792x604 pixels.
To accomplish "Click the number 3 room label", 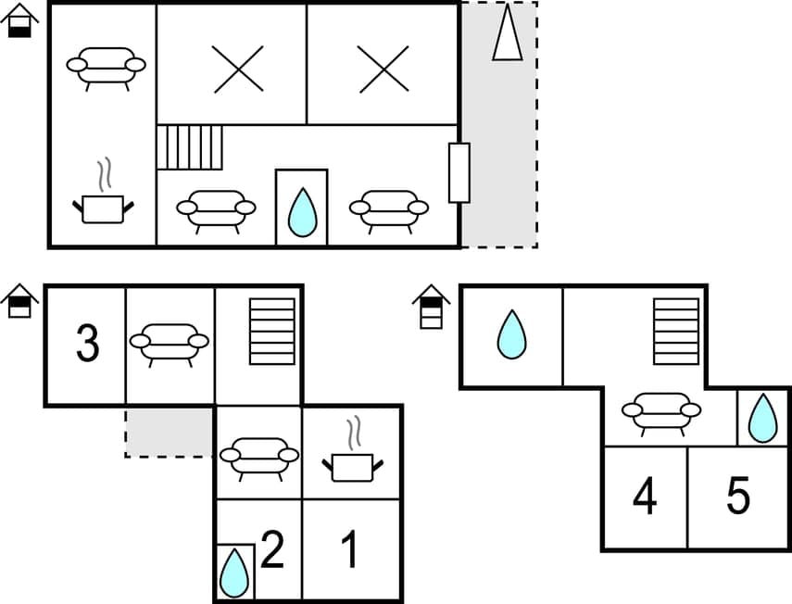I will [x=87, y=344].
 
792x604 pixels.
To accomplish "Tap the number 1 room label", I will [x=349, y=551].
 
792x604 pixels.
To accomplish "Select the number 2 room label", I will [x=271, y=551].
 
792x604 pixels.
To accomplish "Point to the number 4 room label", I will [x=645, y=497].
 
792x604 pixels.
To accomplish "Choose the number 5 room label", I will [x=737, y=497].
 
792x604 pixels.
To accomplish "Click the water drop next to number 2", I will [x=234, y=573].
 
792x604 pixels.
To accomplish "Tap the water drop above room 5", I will [x=762, y=418].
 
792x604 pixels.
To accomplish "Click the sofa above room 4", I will [x=661, y=411].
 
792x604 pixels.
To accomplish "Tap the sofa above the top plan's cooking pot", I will [x=107, y=67].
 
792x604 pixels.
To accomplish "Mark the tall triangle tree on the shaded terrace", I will [x=507, y=34].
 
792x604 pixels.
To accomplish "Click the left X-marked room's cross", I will [x=238, y=69].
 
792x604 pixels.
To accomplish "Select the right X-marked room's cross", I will [x=383, y=69].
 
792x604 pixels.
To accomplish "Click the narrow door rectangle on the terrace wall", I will [x=459, y=172].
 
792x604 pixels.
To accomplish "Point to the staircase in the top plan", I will [x=190, y=147].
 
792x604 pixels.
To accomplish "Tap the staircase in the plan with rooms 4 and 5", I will [x=675, y=333].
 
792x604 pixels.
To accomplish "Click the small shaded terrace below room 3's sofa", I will [x=170, y=432].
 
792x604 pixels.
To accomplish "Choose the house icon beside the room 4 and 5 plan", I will [x=431, y=307].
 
